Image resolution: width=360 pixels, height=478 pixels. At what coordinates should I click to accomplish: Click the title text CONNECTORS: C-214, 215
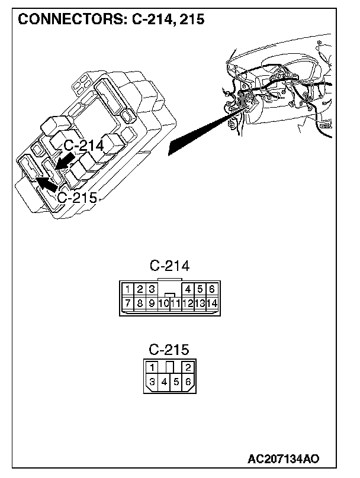tap(111, 19)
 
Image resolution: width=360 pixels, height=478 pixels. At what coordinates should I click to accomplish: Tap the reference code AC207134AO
tap(284, 459)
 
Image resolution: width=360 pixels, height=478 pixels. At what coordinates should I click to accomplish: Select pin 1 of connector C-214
tap(128, 289)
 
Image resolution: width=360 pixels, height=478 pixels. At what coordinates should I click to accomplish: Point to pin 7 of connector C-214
tap(128, 303)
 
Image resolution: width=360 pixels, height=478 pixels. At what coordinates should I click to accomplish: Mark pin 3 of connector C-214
tap(152, 289)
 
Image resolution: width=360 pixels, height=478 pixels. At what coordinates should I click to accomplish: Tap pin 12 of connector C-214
tap(188, 303)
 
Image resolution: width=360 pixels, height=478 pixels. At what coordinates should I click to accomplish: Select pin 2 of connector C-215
tap(187, 367)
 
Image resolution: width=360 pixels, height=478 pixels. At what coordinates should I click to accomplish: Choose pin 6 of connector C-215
tap(188, 382)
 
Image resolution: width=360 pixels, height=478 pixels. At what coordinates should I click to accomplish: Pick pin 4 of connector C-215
tap(164, 382)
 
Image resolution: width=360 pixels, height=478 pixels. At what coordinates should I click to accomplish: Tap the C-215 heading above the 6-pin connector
tap(169, 348)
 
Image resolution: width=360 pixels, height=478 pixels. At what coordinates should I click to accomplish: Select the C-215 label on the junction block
tap(76, 198)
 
